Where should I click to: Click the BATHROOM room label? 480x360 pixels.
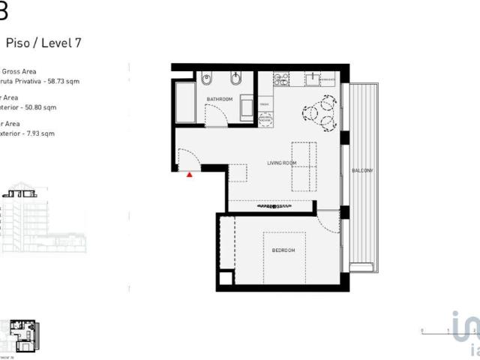[220, 99]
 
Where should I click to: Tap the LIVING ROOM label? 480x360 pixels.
[282, 163]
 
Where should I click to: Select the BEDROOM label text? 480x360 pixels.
[283, 250]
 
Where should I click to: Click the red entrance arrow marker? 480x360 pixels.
[190, 174]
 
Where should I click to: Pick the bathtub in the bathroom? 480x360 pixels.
[185, 103]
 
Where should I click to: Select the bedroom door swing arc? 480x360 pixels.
[328, 220]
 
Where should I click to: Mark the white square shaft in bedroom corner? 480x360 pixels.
[225, 280]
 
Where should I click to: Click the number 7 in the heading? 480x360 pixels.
[78, 43]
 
